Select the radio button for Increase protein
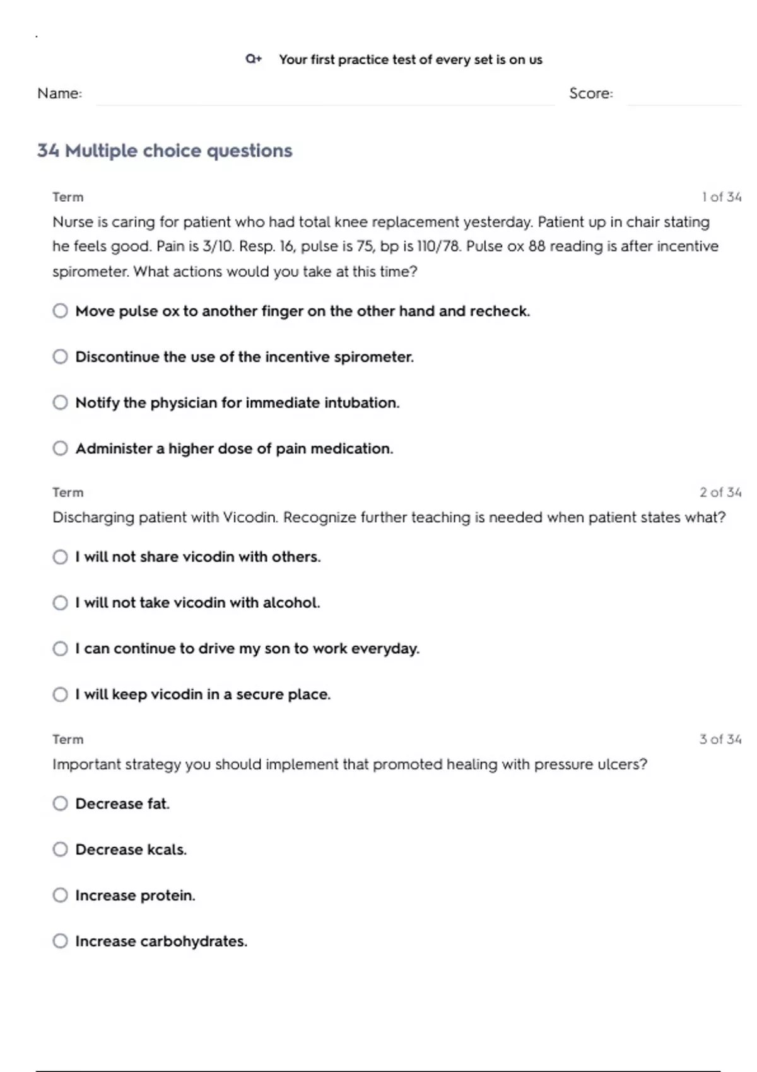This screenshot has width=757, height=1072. click(60, 895)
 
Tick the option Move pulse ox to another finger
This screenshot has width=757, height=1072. click(60, 311)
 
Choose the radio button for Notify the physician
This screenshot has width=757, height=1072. click(60, 402)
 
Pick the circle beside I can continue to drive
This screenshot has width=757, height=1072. click(60, 648)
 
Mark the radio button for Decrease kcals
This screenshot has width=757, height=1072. click(60, 849)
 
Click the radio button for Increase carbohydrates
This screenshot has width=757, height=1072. click(60, 941)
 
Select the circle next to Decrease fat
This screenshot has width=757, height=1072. click(60, 803)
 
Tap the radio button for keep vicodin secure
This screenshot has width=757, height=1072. click(60, 694)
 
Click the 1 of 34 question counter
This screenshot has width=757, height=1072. click(721, 197)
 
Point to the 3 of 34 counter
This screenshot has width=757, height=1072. click(720, 739)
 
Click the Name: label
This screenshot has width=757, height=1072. click(59, 93)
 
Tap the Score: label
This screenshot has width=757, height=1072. click(590, 93)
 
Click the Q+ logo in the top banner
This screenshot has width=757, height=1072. click(254, 59)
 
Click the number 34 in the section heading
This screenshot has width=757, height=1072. click(48, 151)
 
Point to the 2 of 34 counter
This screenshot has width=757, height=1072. click(720, 492)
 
